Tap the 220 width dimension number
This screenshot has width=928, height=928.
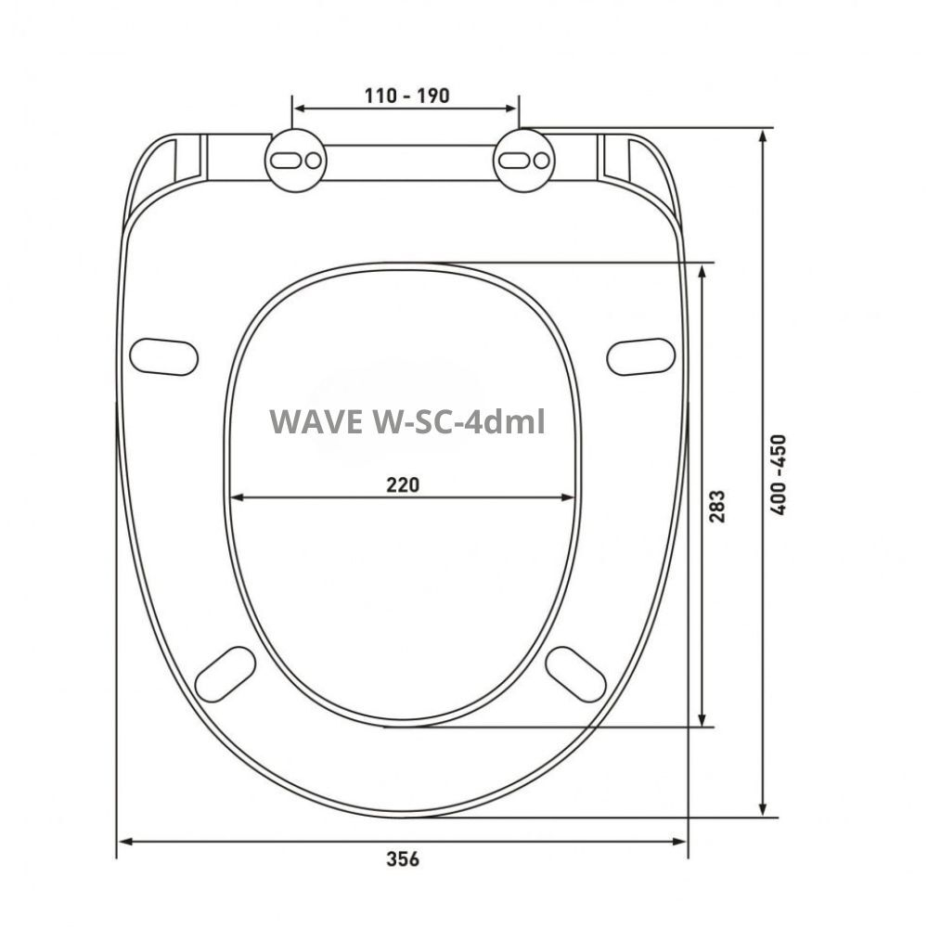click(x=404, y=484)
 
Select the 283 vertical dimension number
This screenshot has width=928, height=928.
click(x=718, y=506)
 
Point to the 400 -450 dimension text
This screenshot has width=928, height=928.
click(x=778, y=474)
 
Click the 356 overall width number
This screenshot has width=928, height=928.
click(x=403, y=859)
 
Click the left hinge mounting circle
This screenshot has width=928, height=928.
click(x=296, y=161)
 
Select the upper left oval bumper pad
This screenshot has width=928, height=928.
click(x=164, y=357)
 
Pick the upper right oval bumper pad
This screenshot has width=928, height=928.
click(x=640, y=357)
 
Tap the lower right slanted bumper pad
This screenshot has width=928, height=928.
click(x=576, y=673)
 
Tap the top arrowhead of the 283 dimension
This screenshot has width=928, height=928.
click(x=704, y=270)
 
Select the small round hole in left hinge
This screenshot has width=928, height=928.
click(x=314, y=161)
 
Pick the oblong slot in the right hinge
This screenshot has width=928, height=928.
click(x=512, y=161)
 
